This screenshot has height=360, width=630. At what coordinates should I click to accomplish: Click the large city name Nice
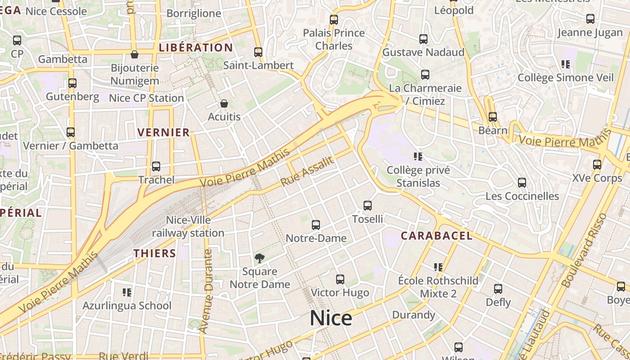coord(331,318)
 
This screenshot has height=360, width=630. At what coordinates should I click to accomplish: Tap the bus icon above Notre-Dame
coord(316,225)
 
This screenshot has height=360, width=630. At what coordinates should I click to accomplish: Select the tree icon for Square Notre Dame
coord(259,258)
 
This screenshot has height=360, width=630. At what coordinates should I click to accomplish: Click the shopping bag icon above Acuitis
coord(224,103)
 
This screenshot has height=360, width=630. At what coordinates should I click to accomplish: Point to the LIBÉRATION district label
coord(196,48)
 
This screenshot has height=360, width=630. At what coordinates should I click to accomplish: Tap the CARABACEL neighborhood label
coord(436,236)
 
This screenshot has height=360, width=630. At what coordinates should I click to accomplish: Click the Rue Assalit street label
coord(307,171)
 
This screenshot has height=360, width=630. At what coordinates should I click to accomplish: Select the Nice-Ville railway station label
coord(188,226)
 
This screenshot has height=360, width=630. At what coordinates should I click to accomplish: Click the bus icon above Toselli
coord(368,206)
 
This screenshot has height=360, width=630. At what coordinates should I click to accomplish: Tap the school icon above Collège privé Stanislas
coord(418,157)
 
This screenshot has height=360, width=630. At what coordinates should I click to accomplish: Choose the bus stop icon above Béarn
coord(493,117)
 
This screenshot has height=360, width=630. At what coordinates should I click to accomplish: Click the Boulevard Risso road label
coord(584,251)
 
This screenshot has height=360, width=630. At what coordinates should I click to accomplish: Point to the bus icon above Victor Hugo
coord(340,279)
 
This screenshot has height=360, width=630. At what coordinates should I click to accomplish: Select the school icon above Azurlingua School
coord(127,292)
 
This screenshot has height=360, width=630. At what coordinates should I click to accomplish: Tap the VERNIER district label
coord(163,132)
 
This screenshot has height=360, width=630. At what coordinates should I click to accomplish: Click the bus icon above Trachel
coord(156,166)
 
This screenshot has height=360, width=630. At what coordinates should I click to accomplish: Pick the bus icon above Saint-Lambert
coord(258,52)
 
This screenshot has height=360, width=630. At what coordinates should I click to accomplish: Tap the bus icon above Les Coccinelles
coord(522,183)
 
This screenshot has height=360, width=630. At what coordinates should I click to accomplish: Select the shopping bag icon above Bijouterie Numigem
coord(134,54)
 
